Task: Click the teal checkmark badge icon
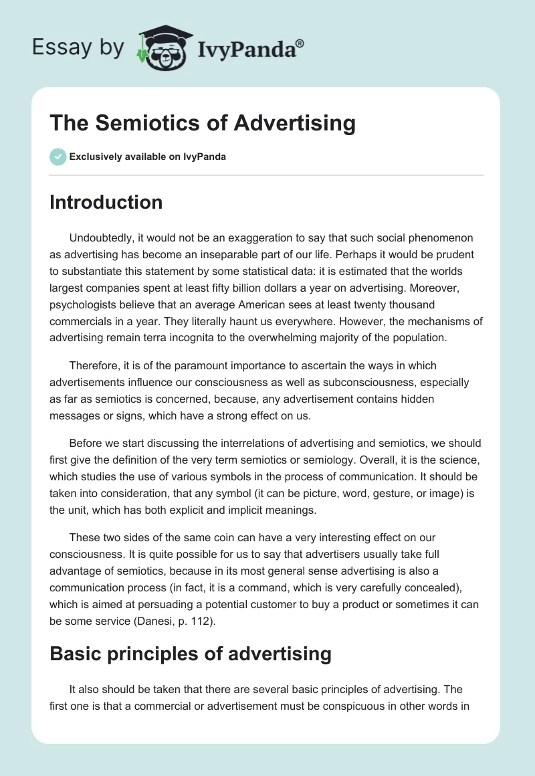[x=58, y=157]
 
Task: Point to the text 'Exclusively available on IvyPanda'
[x=148, y=157]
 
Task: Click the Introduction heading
[x=106, y=202]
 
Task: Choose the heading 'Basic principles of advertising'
[x=190, y=654]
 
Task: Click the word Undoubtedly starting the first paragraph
[x=102, y=237]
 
